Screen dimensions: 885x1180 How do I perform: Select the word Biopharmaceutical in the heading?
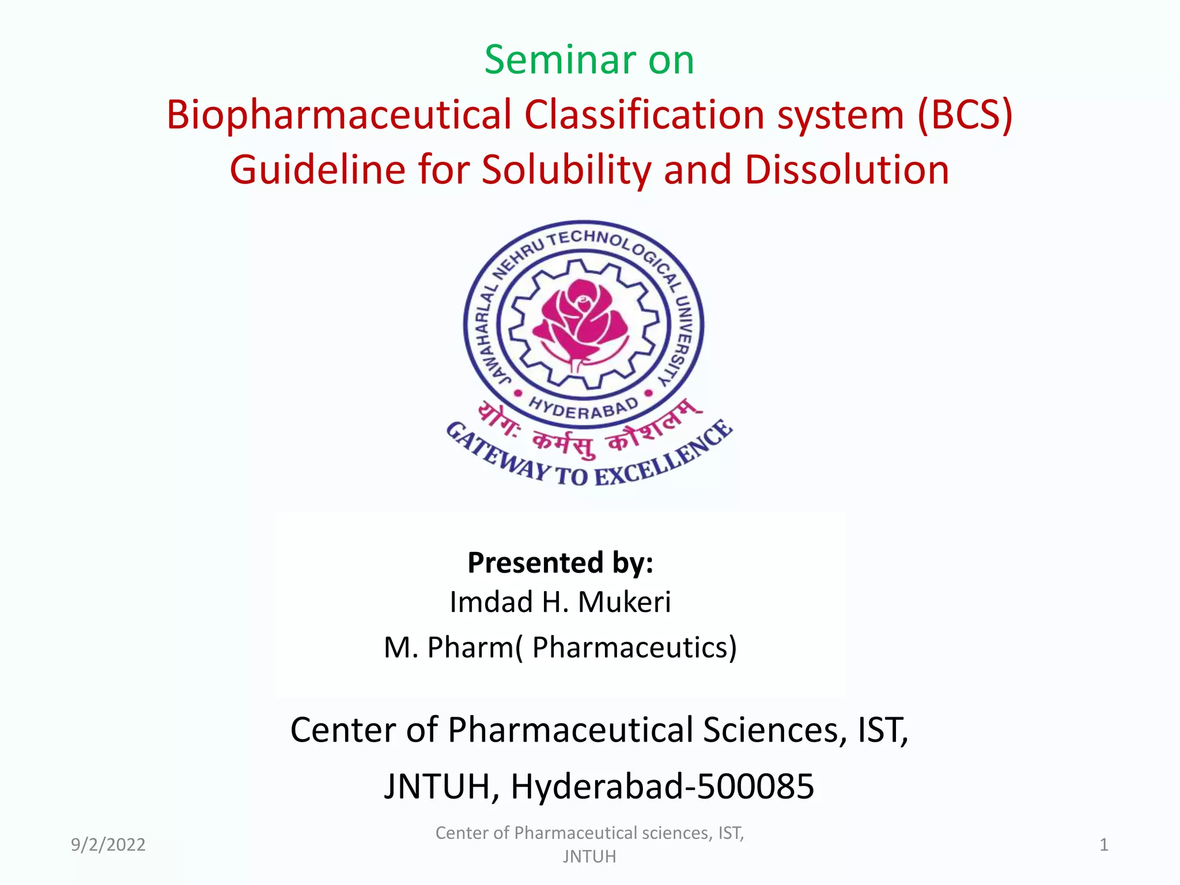(339, 115)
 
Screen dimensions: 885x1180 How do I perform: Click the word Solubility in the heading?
(568, 170)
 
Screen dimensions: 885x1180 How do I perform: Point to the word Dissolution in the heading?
(846, 170)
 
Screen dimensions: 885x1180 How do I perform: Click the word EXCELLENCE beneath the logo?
(663, 458)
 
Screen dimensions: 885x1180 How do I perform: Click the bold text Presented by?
(560, 562)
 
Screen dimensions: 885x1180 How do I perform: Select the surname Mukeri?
(625, 602)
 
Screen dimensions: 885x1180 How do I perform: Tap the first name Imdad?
(491, 602)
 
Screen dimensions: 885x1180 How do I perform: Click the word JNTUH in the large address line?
(437, 786)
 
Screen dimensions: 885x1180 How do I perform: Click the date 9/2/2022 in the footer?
(108, 845)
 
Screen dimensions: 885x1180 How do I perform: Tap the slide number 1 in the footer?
(1103, 845)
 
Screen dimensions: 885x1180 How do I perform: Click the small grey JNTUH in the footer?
(589, 857)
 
